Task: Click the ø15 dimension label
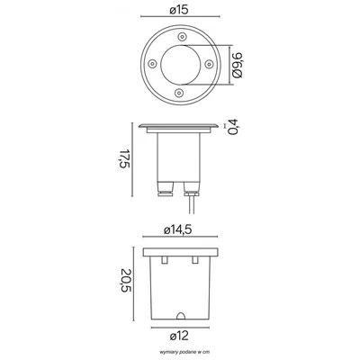pos(179,10)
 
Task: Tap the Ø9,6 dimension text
pos(237,65)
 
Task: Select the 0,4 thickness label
pos(233,127)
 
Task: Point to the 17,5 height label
pos(125,158)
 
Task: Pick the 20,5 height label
pos(125,282)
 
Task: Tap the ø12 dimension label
pos(179,336)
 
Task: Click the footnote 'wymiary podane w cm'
pos(180,352)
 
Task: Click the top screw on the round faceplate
pos(182,37)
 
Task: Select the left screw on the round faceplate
pos(152,64)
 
